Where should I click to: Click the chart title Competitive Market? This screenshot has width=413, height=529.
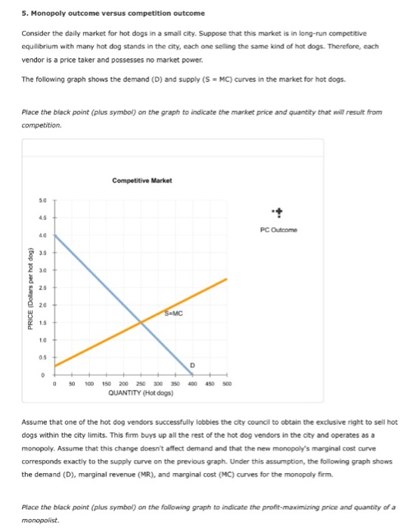pyautogui.click(x=142, y=181)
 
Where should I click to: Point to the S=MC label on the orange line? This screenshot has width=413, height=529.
pyautogui.click(x=172, y=312)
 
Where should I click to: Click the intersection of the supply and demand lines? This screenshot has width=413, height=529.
pyautogui.click(x=141, y=323)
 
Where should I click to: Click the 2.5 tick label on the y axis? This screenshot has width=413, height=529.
pyautogui.click(x=44, y=287)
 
